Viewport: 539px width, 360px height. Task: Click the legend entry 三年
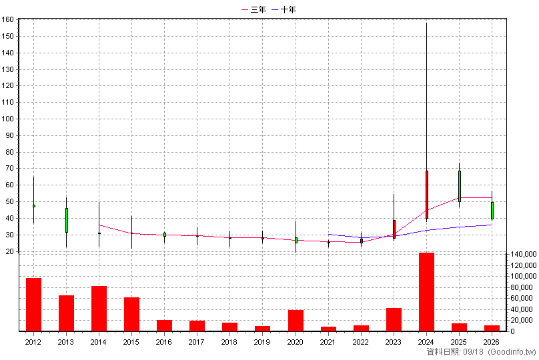(x=253, y=9)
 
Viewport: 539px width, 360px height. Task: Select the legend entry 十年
(x=284, y=9)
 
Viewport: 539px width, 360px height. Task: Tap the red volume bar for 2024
(x=426, y=292)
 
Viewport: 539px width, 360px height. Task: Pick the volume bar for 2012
(x=33, y=305)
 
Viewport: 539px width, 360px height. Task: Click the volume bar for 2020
(x=296, y=321)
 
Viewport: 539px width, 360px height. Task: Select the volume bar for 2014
(x=99, y=309)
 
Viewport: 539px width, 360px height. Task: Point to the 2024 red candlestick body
(x=426, y=195)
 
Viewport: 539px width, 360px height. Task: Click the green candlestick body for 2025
(x=459, y=186)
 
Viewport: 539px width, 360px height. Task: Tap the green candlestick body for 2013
(x=67, y=220)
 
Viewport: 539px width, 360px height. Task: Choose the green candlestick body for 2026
(x=492, y=211)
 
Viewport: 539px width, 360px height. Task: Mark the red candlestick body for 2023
(x=394, y=229)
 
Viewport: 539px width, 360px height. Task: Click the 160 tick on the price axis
(x=7, y=19)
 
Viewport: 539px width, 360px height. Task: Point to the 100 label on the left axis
(x=7, y=119)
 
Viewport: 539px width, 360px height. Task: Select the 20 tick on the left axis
(x=9, y=251)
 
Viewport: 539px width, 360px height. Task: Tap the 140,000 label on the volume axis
(x=524, y=254)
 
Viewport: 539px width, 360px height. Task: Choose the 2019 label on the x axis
(x=262, y=342)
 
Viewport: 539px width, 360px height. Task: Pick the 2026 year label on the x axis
(x=491, y=342)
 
